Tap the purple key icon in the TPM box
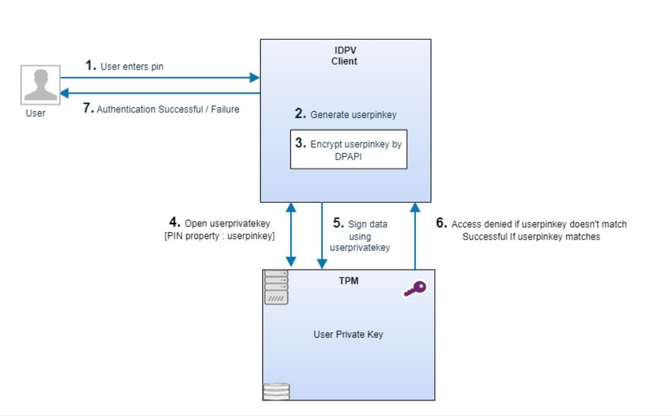tap(414, 289)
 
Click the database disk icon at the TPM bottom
tap(276, 392)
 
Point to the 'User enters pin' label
tap(124, 66)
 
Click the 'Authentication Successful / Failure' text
tap(161, 110)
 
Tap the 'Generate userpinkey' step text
tap(345, 115)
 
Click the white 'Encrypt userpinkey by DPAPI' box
tap(349, 148)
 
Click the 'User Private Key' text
tap(347, 335)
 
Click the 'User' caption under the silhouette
tap(36, 114)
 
